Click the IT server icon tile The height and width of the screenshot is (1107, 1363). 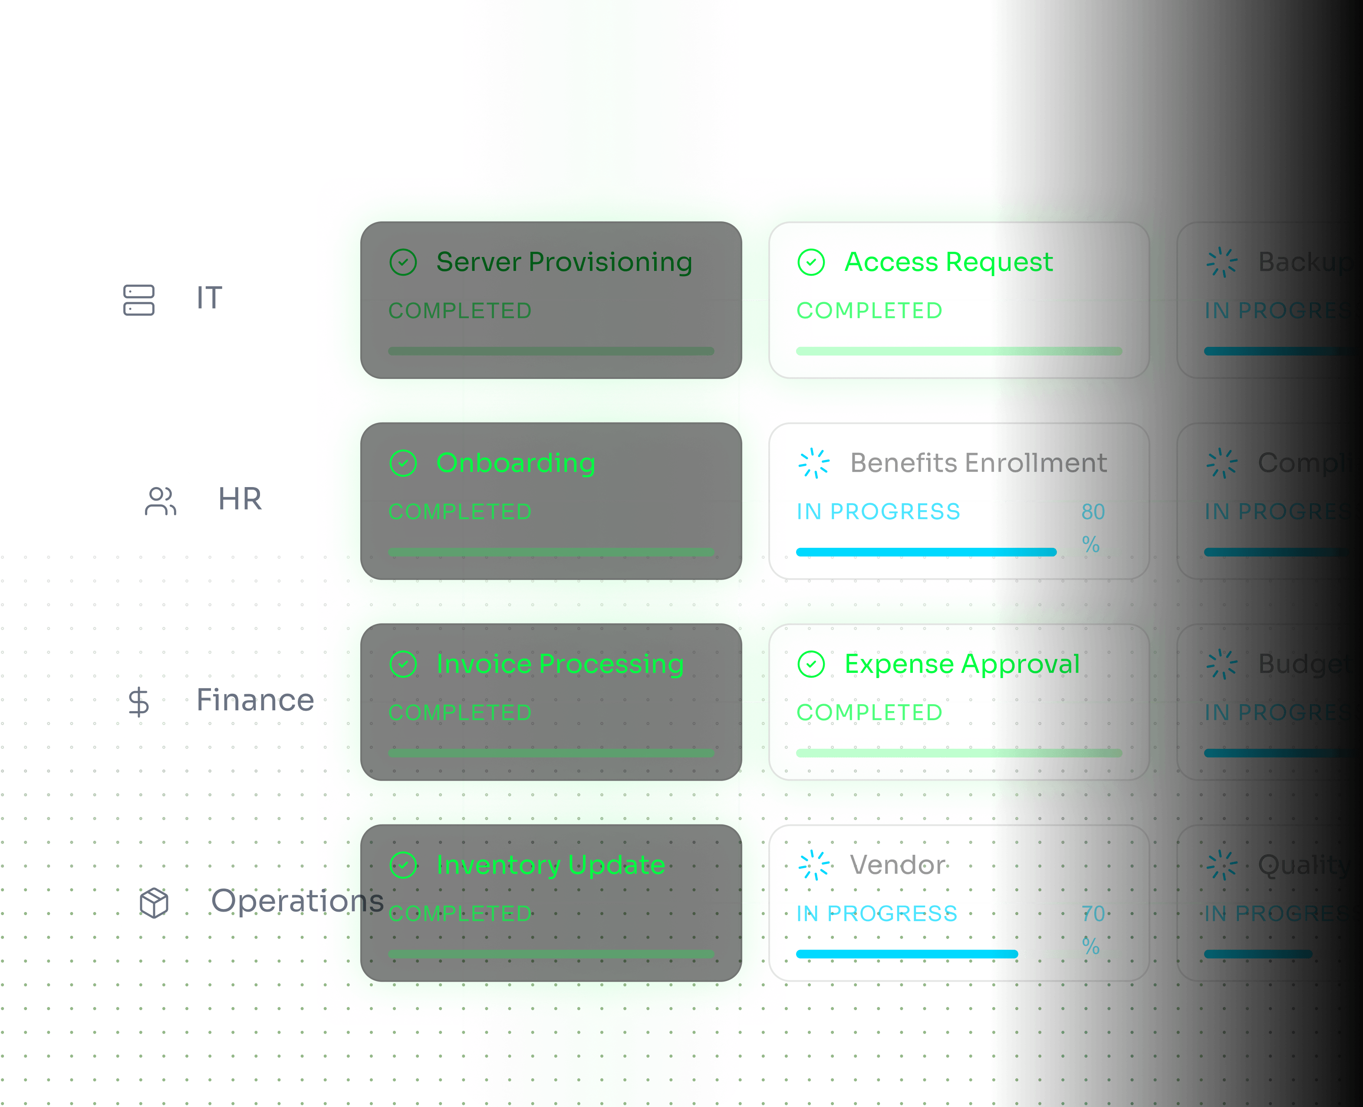click(138, 300)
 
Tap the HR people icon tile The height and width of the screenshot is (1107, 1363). click(160, 501)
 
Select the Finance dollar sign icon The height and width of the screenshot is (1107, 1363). click(138, 702)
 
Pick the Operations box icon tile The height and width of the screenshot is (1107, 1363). click(154, 902)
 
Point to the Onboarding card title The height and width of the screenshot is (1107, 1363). click(515, 463)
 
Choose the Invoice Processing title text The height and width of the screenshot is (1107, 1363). click(560, 664)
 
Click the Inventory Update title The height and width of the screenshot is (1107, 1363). click(550, 865)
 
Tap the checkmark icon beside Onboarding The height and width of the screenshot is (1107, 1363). click(403, 463)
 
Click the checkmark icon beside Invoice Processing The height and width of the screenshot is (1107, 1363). click(403, 664)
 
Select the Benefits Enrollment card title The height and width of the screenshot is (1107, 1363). click(978, 463)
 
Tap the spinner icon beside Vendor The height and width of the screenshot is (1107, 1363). click(814, 865)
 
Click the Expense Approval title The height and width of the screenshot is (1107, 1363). click(961, 664)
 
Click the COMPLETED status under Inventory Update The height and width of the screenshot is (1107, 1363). click(460, 913)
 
